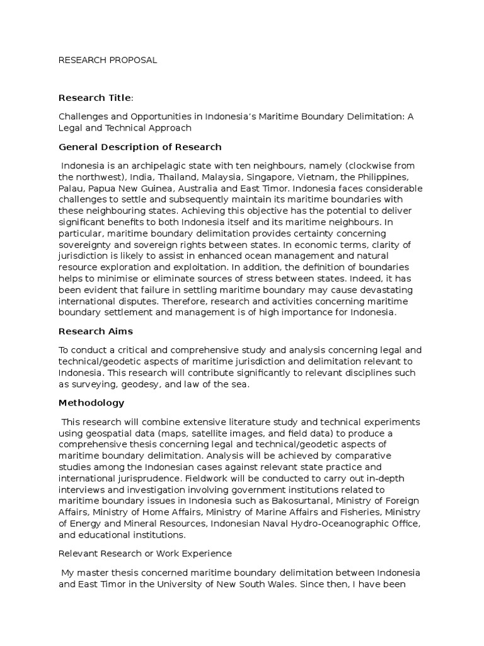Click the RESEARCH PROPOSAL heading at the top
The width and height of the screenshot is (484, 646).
click(108, 60)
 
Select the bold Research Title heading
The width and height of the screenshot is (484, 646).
click(96, 97)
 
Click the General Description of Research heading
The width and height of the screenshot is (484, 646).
click(140, 147)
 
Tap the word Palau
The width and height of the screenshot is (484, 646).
click(71, 189)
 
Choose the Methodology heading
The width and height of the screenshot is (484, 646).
click(91, 402)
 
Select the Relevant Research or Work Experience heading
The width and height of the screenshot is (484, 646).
click(145, 553)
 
